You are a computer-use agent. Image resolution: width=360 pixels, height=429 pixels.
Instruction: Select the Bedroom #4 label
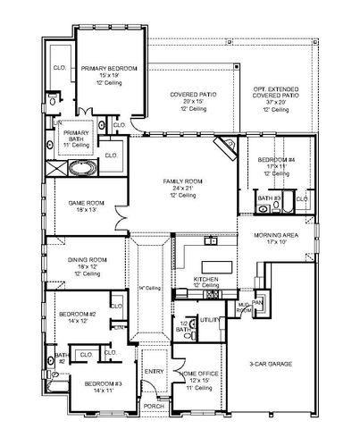pos(269,164)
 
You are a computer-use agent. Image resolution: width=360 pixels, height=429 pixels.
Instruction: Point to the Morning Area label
pos(276,238)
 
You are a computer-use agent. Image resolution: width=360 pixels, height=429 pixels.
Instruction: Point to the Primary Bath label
pos(74,139)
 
